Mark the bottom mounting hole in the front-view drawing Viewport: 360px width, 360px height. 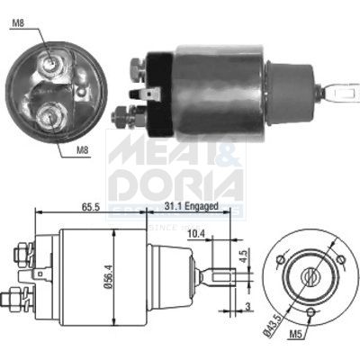[310, 312]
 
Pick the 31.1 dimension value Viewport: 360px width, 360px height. [173, 209]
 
